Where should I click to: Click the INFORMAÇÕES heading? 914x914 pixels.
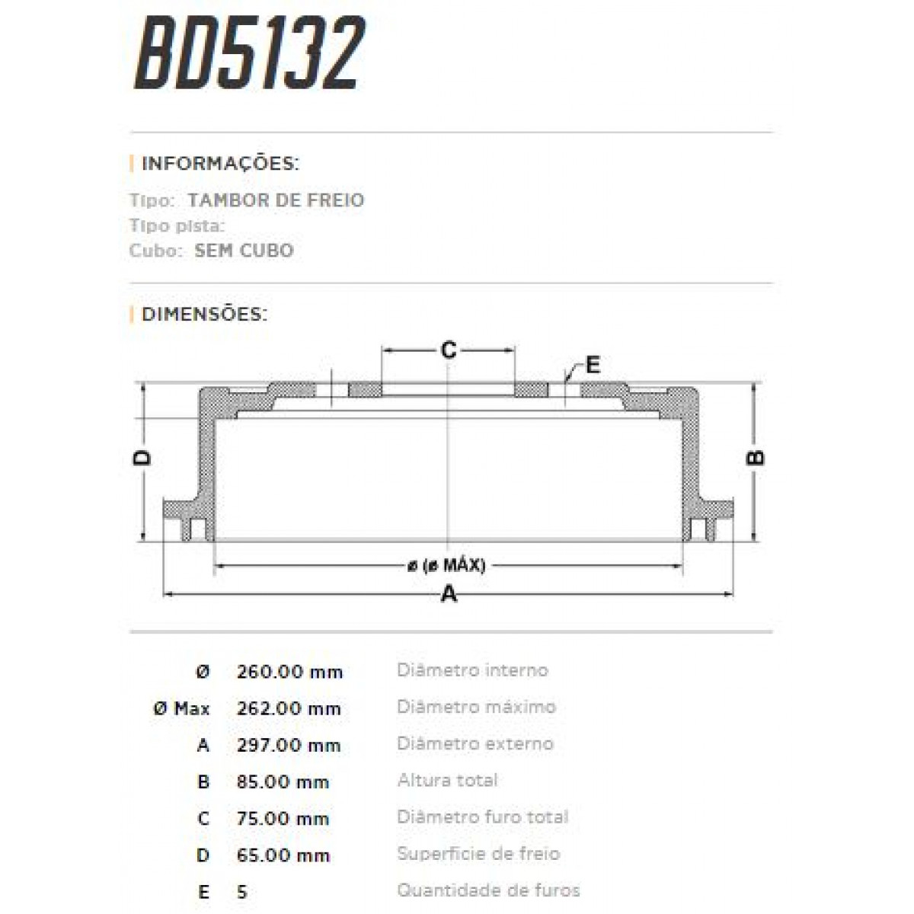[220, 164]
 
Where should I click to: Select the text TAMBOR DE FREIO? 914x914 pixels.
[276, 200]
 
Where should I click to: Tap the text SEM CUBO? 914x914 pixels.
[244, 251]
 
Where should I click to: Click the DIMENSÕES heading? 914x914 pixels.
[204, 314]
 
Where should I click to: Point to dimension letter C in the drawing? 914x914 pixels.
[449, 350]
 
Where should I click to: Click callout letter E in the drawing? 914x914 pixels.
[593, 365]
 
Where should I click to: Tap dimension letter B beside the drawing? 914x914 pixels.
[755, 458]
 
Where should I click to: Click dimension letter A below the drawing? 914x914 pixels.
[449, 593]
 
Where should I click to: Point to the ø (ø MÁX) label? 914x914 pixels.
[446, 565]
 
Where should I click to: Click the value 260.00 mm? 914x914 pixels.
[289, 672]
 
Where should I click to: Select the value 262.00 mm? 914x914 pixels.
[289, 708]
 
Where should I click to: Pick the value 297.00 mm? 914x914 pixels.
[289, 745]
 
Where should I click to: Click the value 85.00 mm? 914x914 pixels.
[283, 781]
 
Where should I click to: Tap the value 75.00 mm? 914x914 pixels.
[283, 819]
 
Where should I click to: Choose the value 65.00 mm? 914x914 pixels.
[283, 855]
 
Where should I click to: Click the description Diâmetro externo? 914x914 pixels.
[475, 743]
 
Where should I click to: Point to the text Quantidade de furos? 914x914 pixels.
[488, 890]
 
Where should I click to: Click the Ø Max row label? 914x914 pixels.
[181, 708]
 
